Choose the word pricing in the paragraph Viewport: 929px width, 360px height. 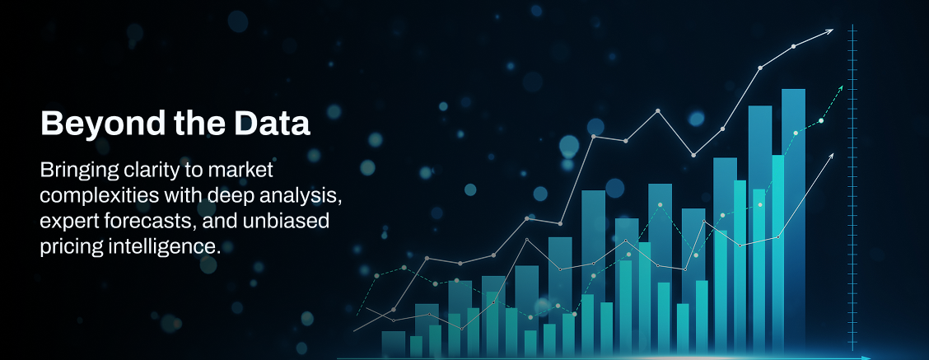(71, 247)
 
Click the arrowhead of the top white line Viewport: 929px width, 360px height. (829, 31)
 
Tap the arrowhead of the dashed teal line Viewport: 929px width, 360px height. (839, 89)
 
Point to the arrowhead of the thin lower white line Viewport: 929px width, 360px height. (830, 157)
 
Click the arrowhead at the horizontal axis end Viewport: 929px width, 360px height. (866, 358)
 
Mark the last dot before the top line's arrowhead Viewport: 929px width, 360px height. (794, 46)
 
